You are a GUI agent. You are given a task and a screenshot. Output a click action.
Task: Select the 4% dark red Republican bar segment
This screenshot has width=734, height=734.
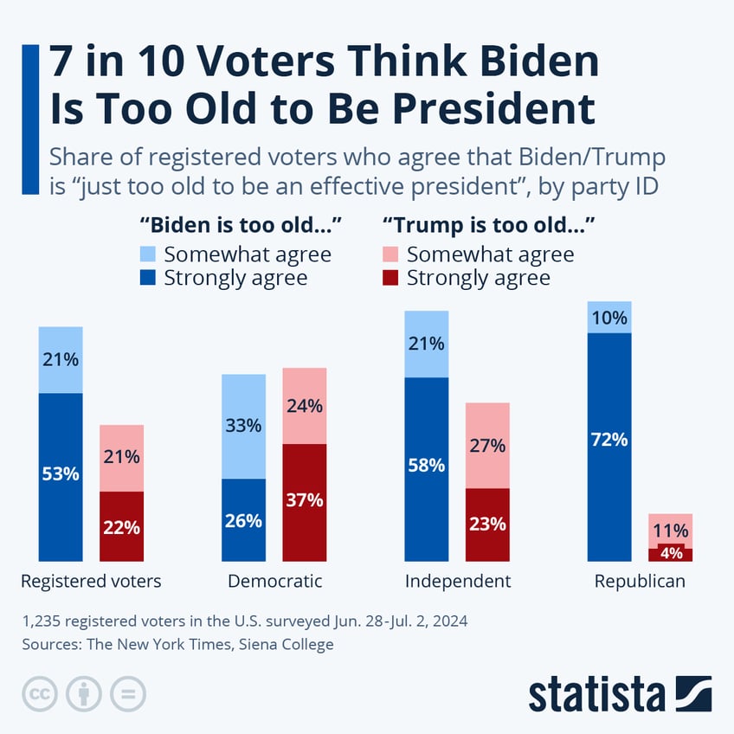[670, 555]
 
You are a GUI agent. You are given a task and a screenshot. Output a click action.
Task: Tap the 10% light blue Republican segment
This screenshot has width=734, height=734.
[609, 318]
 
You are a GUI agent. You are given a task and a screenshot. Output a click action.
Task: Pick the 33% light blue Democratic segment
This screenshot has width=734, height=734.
[244, 427]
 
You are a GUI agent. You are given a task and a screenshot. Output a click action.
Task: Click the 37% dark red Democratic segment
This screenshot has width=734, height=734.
[305, 502]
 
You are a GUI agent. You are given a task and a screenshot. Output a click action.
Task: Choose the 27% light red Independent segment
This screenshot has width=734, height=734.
[487, 445]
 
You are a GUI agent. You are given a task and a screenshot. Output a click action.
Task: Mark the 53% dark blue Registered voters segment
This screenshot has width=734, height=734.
[61, 477]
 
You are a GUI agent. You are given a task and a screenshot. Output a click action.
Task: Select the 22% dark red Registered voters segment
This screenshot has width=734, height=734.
[122, 526]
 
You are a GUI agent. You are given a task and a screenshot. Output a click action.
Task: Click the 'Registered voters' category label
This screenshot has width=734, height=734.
[91, 581]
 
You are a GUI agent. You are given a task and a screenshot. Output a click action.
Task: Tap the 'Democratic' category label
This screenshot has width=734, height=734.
[274, 581]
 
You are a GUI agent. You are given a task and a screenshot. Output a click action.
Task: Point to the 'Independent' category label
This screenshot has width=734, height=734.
[458, 581]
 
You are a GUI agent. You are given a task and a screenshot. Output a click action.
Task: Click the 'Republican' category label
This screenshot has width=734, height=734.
[640, 581]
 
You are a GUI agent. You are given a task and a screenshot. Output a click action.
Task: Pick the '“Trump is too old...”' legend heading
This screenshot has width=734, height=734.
[493, 226]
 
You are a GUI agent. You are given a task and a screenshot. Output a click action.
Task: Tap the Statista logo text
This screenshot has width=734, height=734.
[596, 694]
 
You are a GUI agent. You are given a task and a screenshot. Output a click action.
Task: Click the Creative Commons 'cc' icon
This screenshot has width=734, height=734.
[37, 693]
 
